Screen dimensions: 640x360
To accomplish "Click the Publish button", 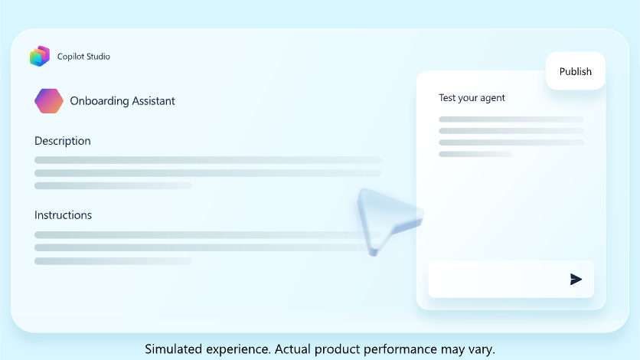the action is coord(576,71).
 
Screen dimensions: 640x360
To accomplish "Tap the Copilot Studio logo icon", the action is coord(40,56).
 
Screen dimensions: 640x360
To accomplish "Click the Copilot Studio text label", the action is coord(83,57).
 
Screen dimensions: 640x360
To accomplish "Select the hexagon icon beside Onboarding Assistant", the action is coord(49,101).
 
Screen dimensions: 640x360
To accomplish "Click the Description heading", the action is coord(63,141).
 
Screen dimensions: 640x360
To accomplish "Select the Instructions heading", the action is coord(64,215).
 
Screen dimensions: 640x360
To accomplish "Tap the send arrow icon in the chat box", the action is coord(576,279).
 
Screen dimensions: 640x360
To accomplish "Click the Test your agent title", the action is coord(472,98).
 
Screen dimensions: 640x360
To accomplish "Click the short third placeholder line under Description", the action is coord(113,186).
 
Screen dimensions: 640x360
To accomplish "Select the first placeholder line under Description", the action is coord(207,160).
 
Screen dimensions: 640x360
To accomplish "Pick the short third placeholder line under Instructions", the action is coord(113,261).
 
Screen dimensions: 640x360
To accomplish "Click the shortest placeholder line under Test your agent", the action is coord(475,154).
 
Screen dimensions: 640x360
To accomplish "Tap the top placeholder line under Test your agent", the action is coord(511,119).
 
